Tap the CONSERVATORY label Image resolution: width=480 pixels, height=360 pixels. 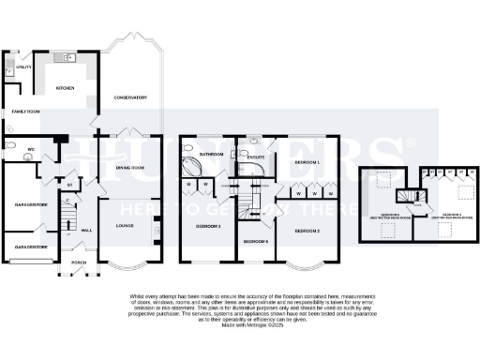130,97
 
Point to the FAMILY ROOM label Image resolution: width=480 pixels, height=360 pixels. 25,111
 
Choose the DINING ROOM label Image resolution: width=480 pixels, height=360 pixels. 129,168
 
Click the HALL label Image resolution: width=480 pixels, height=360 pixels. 86,230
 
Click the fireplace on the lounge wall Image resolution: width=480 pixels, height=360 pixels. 157,227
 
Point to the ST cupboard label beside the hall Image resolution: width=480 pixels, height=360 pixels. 68,185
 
